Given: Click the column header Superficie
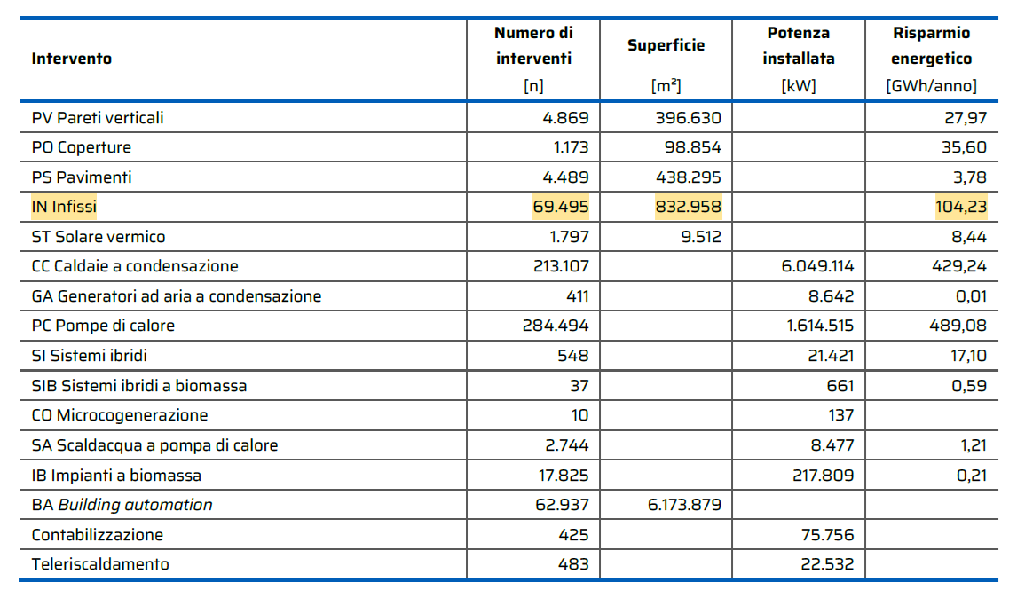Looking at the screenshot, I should click(x=666, y=45).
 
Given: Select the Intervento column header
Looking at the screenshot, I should click(x=72, y=59).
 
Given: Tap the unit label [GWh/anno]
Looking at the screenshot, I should click(x=931, y=86).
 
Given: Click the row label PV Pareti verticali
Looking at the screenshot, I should click(x=98, y=118).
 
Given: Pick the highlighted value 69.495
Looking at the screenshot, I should click(x=560, y=207).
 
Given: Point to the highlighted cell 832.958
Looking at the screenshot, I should click(x=688, y=207).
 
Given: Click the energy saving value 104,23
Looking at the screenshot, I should click(x=960, y=207).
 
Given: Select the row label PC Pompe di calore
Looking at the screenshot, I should click(x=103, y=326).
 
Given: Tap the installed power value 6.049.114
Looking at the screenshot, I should click(x=817, y=266).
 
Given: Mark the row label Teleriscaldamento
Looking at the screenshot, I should click(x=100, y=564).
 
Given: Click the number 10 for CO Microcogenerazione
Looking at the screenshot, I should click(x=579, y=415).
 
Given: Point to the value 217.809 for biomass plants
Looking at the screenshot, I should click(x=823, y=476).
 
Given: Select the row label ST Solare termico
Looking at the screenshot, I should click(x=99, y=237).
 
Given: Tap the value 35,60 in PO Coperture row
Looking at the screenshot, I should click(x=964, y=147).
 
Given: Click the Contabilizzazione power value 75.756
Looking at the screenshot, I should click(x=827, y=535).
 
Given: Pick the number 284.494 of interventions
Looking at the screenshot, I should click(x=555, y=326).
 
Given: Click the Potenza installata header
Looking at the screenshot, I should click(x=799, y=45).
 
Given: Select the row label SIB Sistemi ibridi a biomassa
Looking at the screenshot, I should click(x=139, y=386).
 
